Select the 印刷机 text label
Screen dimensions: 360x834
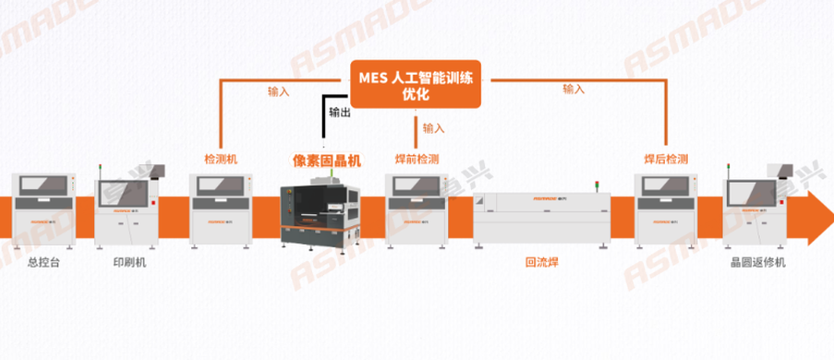[x=129, y=263]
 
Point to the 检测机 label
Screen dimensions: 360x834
[x=221, y=159]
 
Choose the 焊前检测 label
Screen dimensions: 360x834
[x=417, y=159]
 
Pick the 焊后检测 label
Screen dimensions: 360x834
[x=666, y=159]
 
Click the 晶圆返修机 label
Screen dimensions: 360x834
[x=757, y=263]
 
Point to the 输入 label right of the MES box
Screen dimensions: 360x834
[x=574, y=90]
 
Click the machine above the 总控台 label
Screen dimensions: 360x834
[x=42, y=204]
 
